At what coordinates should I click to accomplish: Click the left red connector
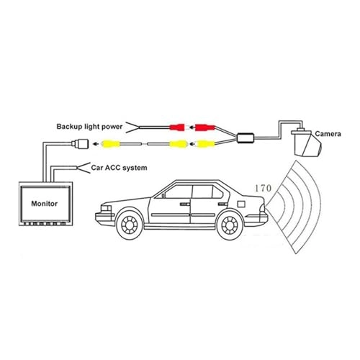click(176, 128)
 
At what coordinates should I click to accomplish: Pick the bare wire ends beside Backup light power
click(133, 127)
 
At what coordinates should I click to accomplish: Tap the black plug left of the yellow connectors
click(81, 144)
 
